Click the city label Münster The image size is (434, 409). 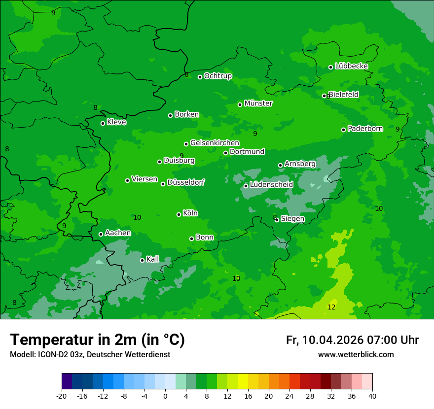258,103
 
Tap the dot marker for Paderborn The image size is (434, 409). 344,130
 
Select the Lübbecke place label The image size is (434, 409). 351,66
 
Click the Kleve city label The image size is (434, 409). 116,122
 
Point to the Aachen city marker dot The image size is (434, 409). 101,234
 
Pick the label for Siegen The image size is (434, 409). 292,219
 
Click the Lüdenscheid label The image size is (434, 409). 271,185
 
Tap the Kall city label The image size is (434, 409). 153,259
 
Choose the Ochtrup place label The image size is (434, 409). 218,76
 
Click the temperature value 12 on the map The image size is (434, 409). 331,307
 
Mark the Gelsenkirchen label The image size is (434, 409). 215,143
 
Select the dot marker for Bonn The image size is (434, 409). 192,239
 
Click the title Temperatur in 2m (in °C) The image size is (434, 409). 97,340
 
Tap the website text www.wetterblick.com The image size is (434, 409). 356,354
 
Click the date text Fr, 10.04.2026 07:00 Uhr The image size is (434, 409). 352,340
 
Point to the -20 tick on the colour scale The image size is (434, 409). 62,396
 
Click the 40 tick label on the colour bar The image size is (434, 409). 372,396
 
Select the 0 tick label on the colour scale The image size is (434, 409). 165,396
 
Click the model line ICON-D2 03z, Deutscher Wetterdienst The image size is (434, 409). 90,354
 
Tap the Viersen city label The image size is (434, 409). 145,179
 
